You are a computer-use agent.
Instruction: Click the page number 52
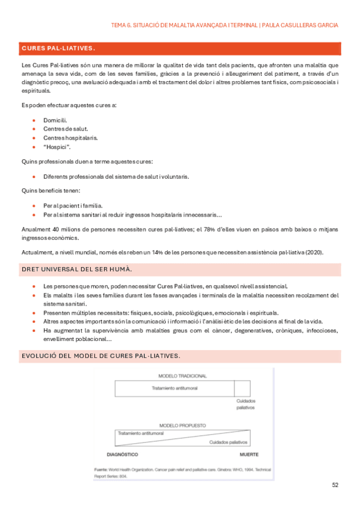(x=335, y=485)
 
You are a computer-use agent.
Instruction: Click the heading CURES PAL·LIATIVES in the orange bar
(x=58, y=48)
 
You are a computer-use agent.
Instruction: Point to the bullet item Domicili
(x=55, y=120)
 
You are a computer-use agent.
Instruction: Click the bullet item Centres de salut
(x=66, y=129)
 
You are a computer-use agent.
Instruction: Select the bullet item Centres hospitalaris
(x=70, y=138)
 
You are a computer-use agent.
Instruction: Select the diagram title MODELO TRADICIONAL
(x=182, y=376)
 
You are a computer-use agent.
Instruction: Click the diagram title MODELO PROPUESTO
(x=182, y=423)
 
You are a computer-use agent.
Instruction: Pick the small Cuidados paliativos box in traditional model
(x=242, y=388)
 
